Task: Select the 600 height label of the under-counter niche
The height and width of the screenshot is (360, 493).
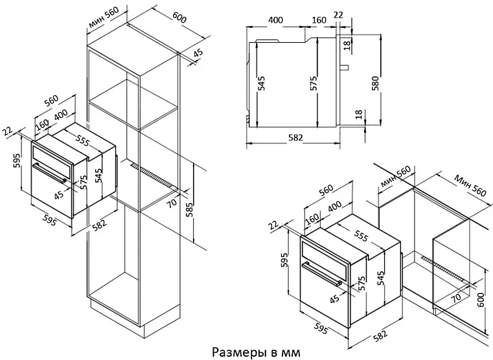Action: pos(479,299)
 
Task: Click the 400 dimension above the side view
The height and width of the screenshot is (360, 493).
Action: pos(275,20)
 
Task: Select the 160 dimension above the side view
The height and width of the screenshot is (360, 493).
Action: pos(319,20)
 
